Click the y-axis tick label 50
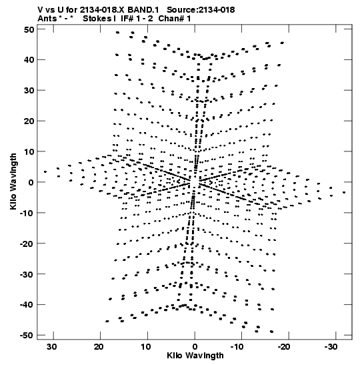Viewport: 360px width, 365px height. (x=29, y=29)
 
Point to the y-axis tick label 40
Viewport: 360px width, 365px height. (x=29, y=60)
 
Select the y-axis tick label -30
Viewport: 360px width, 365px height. (x=27, y=274)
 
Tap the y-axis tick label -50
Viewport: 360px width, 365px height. (x=27, y=335)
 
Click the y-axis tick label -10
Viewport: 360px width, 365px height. (x=27, y=213)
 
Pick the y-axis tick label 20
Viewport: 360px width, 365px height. (x=29, y=121)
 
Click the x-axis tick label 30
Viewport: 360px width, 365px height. (x=51, y=347)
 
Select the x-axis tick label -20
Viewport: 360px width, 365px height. (x=284, y=347)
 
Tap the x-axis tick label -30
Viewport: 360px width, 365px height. (x=331, y=347)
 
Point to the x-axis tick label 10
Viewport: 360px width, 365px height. (x=145, y=347)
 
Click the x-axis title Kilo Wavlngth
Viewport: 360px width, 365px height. (x=195, y=356)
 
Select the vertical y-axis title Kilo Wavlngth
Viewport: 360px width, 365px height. (x=13, y=181)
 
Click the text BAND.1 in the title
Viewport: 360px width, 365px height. (x=143, y=10)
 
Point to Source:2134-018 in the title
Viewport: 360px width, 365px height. (x=201, y=10)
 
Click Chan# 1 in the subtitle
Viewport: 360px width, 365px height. (x=175, y=19)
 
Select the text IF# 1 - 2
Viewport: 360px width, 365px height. (x=137, y=19)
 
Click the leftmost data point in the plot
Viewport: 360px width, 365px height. (x=45, y=171)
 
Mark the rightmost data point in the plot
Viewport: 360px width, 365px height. (x=344, y=192)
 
